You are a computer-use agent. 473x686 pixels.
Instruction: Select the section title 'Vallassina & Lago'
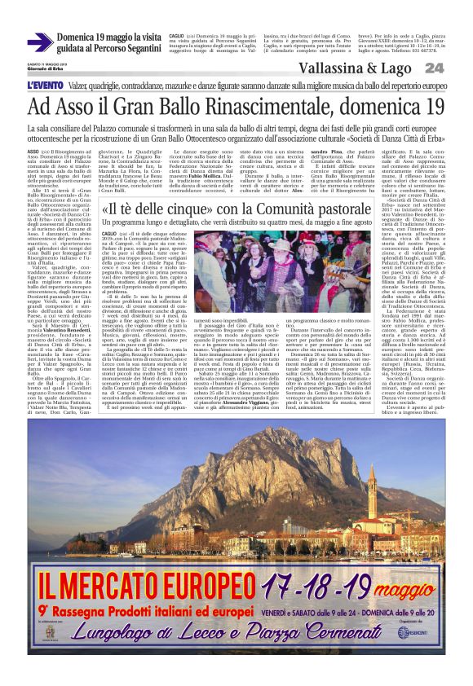click(359, 68)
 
